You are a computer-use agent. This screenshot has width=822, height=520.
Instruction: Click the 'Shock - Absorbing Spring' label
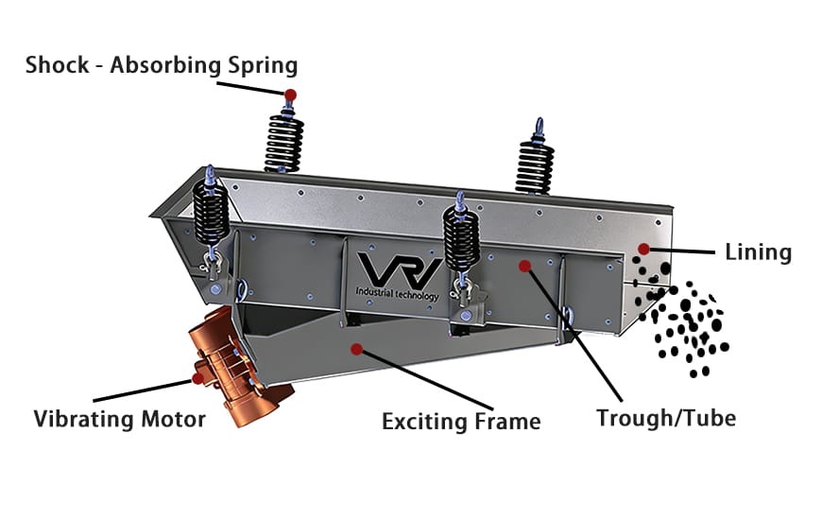(x=162, y=65)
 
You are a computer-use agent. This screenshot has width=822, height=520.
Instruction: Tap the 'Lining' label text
(x=758, y=252)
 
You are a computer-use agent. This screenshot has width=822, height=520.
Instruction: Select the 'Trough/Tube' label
(x=665, y=417)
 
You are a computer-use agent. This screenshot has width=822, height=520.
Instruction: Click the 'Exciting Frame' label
(x=461, y=421)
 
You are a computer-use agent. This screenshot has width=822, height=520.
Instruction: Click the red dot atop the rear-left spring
(x=290, y=95)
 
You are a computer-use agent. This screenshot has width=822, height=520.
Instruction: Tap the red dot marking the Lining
(x=643, y=249)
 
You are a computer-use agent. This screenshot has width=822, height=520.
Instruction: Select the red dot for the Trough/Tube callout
(x=524, y=268)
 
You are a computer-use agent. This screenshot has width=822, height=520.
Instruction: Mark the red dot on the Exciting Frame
(x=356, y=349)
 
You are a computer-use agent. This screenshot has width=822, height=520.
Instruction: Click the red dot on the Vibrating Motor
(x=197, y=378)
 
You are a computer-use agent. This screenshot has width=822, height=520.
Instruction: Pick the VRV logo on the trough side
(x=398, y=269)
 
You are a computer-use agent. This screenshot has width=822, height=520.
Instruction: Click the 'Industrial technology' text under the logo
(x=398, y=295)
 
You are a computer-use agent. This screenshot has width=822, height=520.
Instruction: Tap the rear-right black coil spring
(x=533, y=165)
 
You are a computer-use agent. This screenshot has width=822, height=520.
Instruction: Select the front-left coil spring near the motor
(x=212, y=213)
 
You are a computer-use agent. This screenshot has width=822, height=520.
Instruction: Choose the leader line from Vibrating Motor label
(x=142, y=390)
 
